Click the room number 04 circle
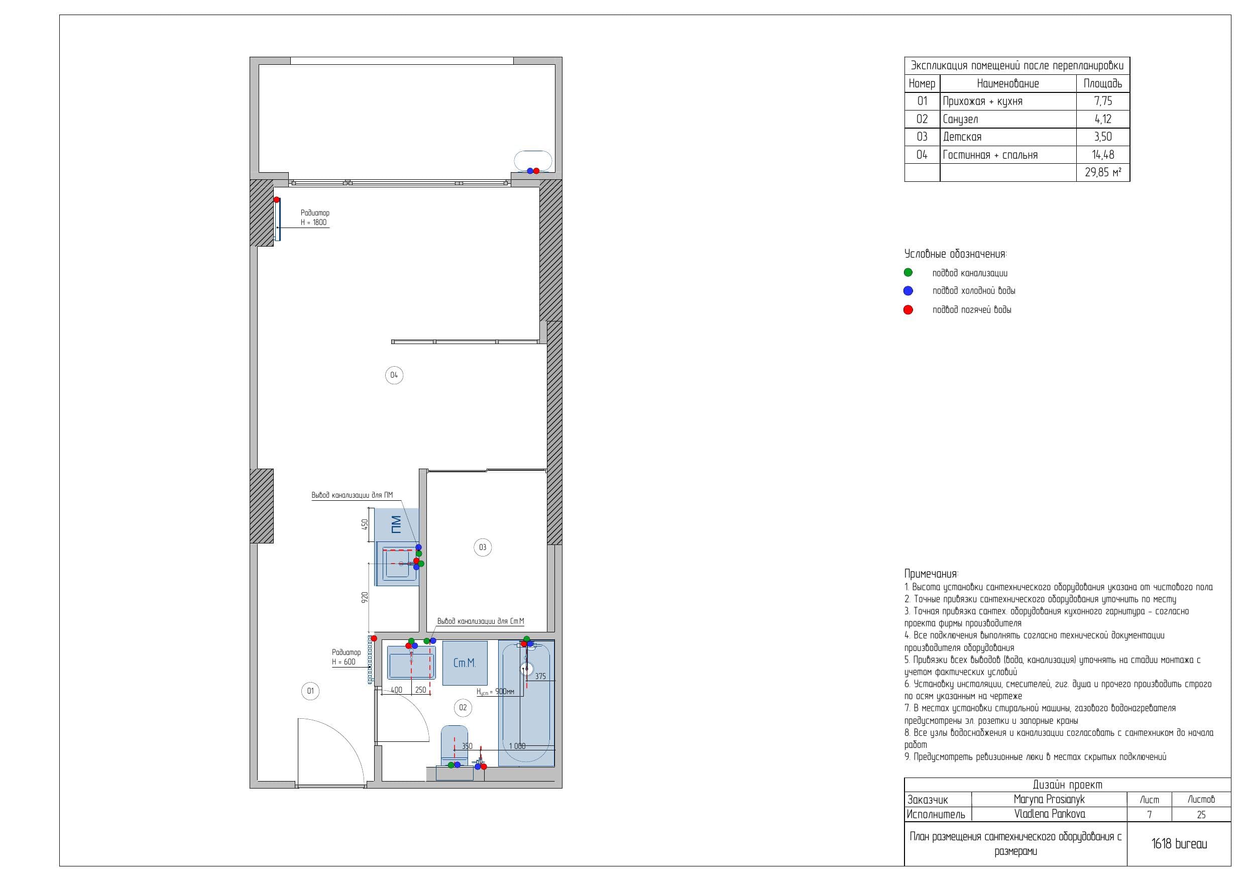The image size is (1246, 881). [x=394, y=375]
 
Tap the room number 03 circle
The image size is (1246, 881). [x=483, y=547]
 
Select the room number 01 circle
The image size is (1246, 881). [x=310, y=691]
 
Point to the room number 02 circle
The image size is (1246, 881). [x=463, y=707]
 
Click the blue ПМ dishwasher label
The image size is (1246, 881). [x=396, y=524]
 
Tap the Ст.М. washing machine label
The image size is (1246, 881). [x=465, y=663]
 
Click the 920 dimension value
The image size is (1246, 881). [x=365, y=597]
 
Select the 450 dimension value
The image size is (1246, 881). [x=365, y=524]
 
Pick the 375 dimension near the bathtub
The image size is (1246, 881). [x=540, y=677]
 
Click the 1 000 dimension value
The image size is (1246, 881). [x=517, y=746]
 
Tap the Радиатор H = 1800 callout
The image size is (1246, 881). [x=315, y=217]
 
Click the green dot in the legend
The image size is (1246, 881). [x=908, y=273]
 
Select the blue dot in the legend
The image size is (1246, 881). [x=908, y=291]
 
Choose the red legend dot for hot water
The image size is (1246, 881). [x=908, y=310]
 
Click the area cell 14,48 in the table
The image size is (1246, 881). [x=1103, y=155]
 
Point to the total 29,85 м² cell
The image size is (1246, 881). [x=1103, y=173]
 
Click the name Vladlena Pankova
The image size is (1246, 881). [x=1050, y=814]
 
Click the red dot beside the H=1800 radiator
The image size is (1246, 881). [x=276, y=200]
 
